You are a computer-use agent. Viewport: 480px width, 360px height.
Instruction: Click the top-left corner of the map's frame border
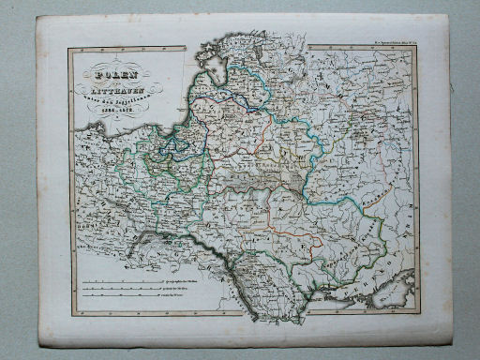(x=67, y=50)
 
